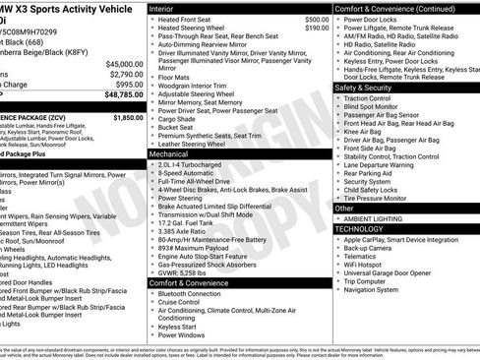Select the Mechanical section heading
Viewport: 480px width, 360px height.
(x=168, y=154)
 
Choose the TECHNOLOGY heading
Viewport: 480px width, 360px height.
(x=359, y=228)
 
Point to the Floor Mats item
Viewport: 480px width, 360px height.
(x=174, y=75)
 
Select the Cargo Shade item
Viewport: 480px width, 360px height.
(x=179, y=119)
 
